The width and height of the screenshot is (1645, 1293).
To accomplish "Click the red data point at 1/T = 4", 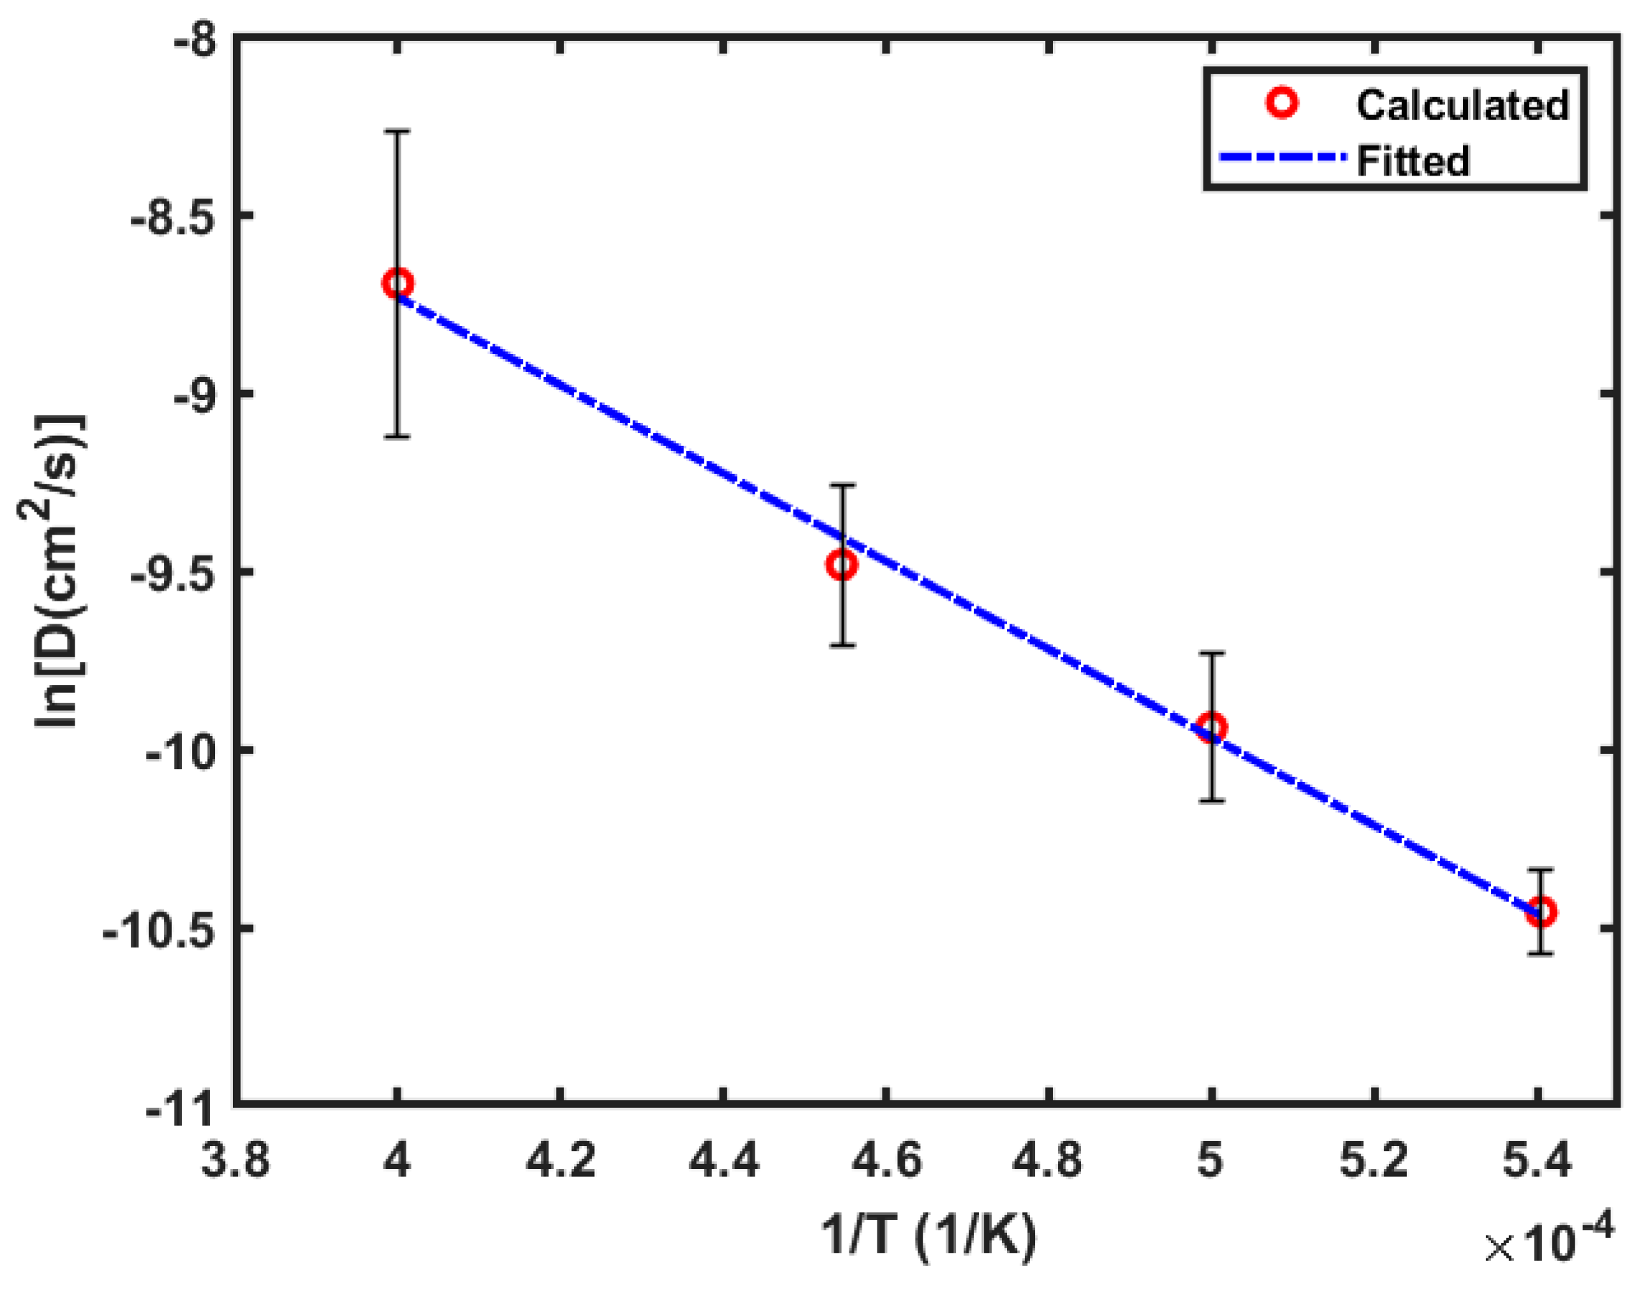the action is tap(397, 284).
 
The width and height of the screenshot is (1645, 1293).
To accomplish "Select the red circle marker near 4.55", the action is tap(841, 565).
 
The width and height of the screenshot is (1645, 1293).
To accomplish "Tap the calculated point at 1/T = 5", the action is tap(1212, 728).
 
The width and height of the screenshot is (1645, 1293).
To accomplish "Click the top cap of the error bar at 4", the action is tap(397, 131).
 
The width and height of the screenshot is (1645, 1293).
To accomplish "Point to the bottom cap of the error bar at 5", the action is tap(1212, 800).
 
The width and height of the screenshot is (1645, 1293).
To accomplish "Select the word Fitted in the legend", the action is tap(1413, 161).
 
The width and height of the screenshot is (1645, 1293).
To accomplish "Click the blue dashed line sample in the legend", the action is tap(1284, 158).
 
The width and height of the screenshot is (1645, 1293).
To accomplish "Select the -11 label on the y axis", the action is tap(181, 1112).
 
